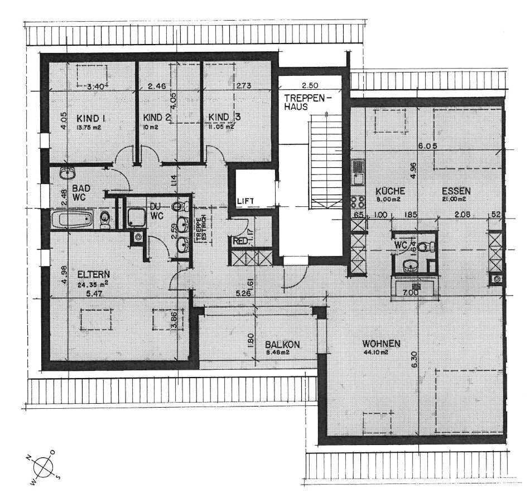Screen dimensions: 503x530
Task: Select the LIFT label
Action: click(245, 200)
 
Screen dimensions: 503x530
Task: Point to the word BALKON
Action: click(282, 345)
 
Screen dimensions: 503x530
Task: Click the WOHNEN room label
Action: click(381, 344)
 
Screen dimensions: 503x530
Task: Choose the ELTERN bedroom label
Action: click(94, 274)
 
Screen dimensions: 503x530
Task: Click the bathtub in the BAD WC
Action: click(76, 218)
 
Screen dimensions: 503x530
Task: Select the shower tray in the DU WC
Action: click(136, 218)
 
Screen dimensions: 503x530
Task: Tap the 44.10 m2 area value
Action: click(377, 352)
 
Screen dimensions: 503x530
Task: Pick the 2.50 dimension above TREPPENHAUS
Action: click(310, 86)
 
